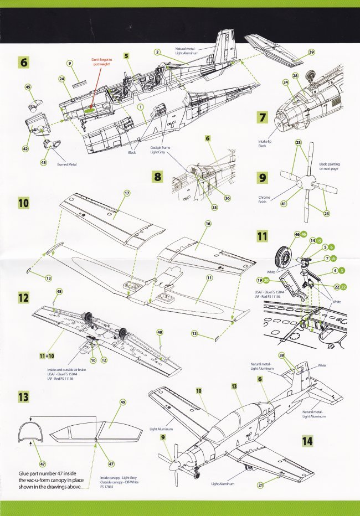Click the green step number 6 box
23,62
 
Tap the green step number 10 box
23,203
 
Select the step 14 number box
308,441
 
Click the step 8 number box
158,177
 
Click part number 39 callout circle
311,52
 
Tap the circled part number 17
127,193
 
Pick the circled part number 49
122,403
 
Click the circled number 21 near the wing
260,485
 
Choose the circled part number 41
285,204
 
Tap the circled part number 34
285,82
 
